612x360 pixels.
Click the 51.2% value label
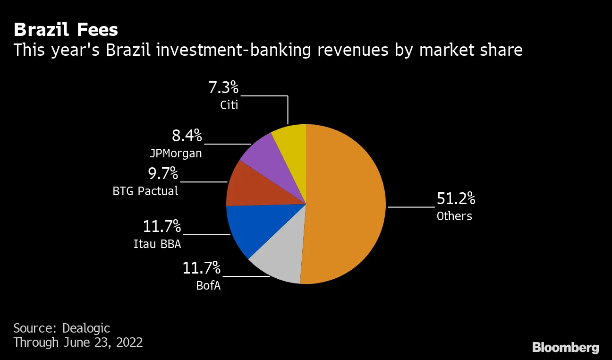[456, 199]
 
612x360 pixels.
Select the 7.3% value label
[223, 88]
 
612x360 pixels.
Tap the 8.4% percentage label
[187, 136]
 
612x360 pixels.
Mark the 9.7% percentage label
[163, 174]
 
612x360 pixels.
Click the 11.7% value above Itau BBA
[162, 226]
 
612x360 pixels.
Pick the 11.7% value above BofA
[202, 268]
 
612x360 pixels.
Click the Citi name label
[229, 105]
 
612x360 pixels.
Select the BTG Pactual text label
[145, 191]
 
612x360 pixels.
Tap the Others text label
[454, 216]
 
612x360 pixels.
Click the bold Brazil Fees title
[66, 30]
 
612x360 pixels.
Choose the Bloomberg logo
[565, 348]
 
